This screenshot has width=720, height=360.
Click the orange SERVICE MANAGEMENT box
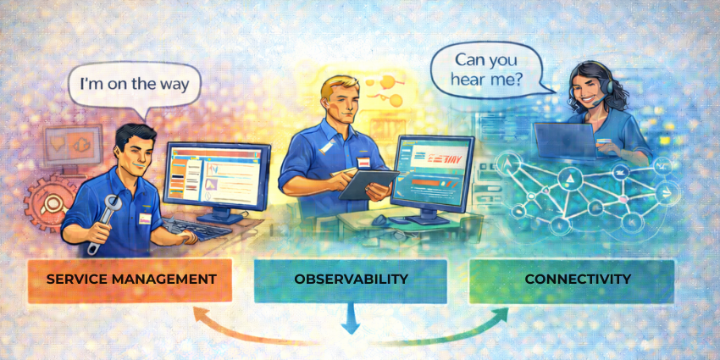pos(130,280)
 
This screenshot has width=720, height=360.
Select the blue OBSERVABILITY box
pos(351,280)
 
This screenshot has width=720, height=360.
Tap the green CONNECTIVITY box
pos(573,280)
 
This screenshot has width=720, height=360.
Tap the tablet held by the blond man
pos(369,181)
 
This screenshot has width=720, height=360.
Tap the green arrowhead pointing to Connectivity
pos(501,315)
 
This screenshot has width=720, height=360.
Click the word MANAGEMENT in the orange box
pos(170,280)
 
